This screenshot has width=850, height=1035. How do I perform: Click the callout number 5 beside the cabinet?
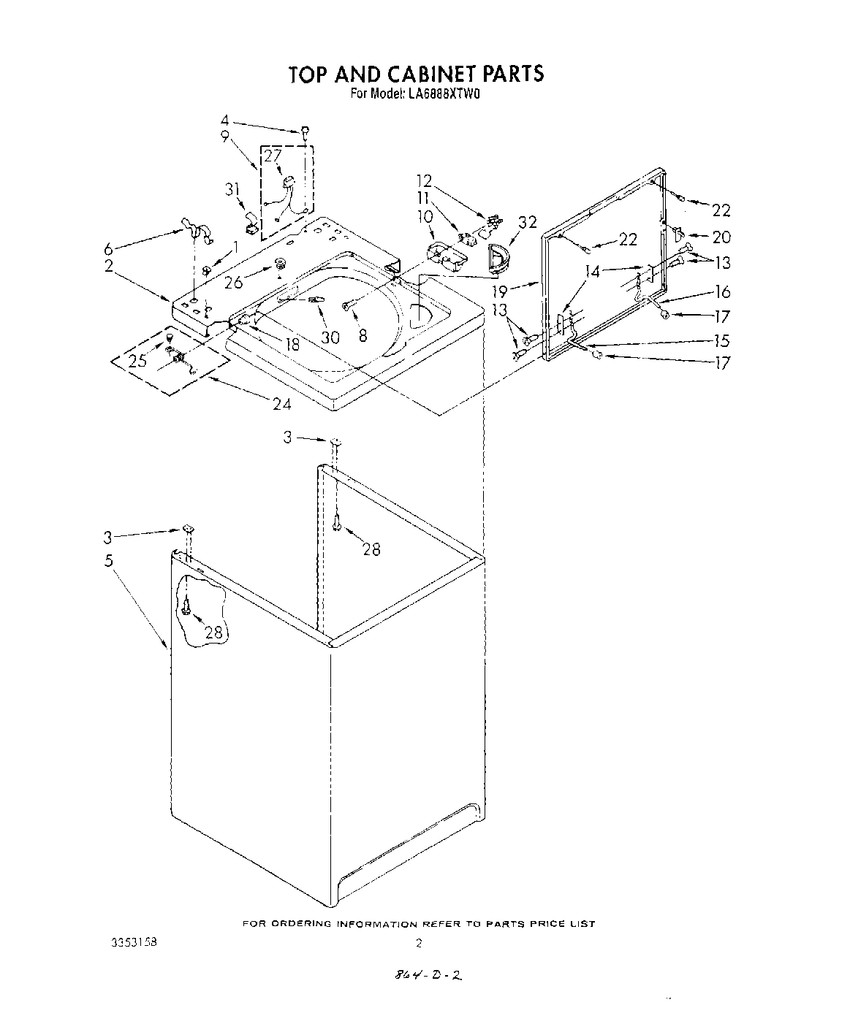point(108,561)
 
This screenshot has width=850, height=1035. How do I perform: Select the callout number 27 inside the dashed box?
point(272,156)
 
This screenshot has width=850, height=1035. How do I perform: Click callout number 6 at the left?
point(108,249)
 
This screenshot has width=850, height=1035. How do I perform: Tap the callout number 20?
point(721,237)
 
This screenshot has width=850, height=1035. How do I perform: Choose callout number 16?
point(722,292)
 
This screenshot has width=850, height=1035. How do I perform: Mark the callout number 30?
point(330,337)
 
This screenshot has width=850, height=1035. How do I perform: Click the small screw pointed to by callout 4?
point(303,131)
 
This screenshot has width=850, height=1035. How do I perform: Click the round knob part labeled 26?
point(279,264)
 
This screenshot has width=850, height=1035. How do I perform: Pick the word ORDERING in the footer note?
point(301,924)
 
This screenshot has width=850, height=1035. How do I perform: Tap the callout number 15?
point(721,340)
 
